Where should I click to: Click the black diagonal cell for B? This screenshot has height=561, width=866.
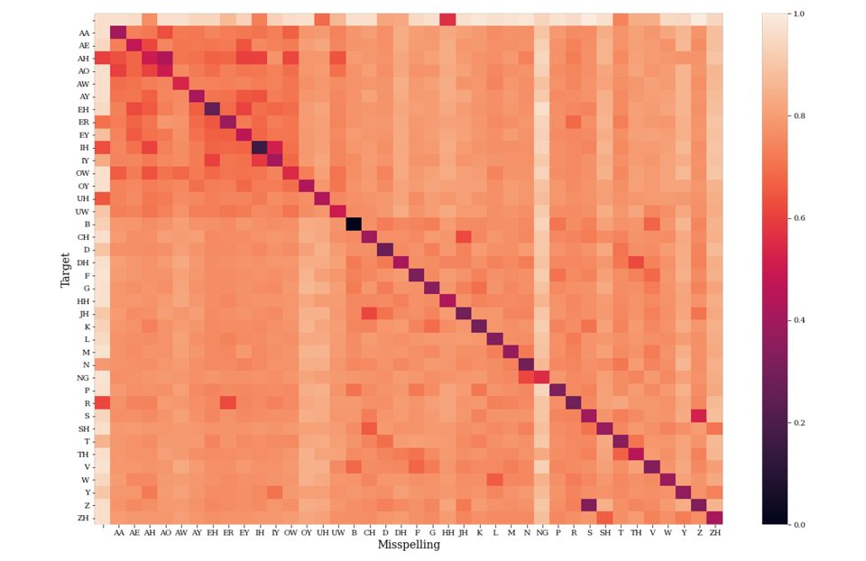pos(354,224)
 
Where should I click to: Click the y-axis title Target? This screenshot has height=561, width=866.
pos(66,270)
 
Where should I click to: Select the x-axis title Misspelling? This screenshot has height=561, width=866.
pos(409,545)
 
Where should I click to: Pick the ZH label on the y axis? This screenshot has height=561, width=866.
pos(83,518)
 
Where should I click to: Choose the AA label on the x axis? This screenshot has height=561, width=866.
pos(118,533)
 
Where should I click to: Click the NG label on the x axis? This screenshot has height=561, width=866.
pos(541,533)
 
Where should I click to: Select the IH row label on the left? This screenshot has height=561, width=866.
pos(84,146)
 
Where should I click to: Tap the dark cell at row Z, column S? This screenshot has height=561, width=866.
pos(589,504)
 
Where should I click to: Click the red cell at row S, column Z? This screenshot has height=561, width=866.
pos(698,415)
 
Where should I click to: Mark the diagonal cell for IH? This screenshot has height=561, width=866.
pos(260,147)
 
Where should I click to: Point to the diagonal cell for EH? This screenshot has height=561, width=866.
pos(212,109)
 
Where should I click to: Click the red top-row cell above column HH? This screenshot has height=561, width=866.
pos(447,20)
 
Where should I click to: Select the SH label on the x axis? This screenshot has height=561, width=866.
pos(604,533)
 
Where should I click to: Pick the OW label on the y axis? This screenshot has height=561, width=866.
pos(83,172)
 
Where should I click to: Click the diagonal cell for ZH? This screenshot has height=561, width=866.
pos(714,518)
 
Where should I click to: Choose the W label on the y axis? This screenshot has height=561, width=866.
pos(86,479)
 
